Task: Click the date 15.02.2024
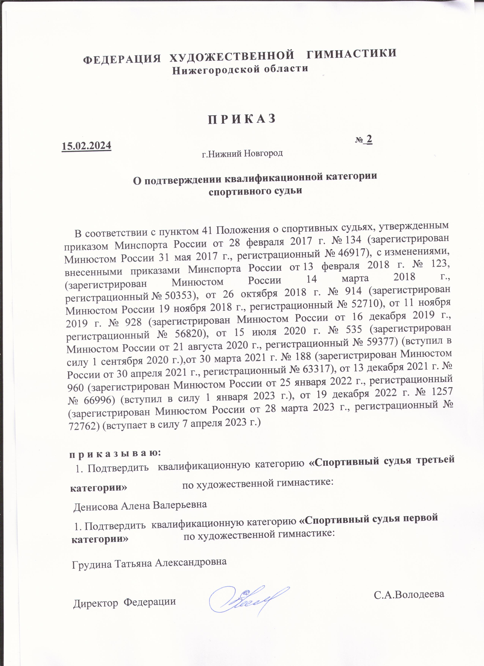[86, 146]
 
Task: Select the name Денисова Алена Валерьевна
[140, 505]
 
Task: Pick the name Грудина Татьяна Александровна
[149, 562]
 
